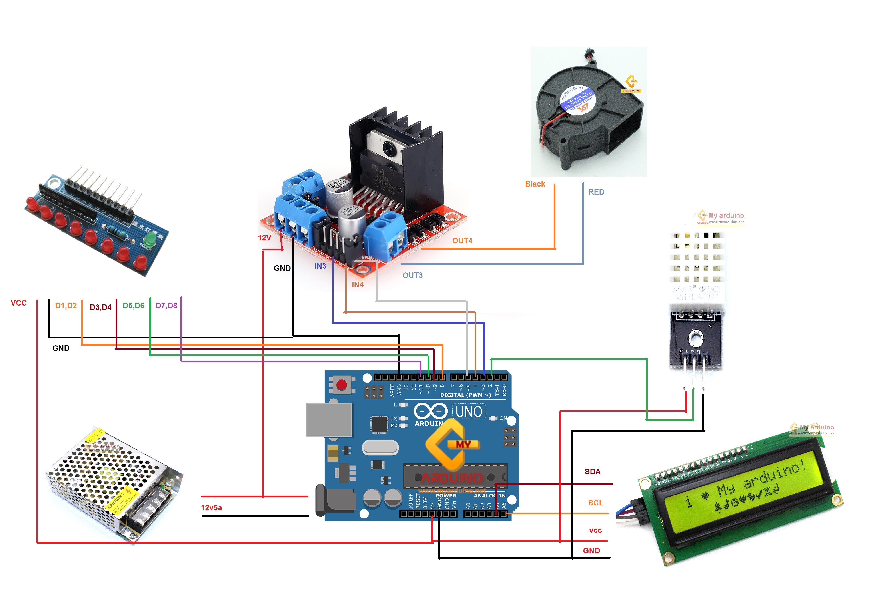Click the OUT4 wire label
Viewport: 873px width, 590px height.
pyautogui.click(x=462, y=240)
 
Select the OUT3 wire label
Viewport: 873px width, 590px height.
pyautogui.click(x=412, y=275)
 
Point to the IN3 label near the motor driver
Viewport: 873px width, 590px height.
pyautogui.click(x=320, y=266)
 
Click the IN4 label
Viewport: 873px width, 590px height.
pyautogui.click(x=357, y=284)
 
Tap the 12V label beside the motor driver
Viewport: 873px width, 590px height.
pyautogui.click(x=264, y=238)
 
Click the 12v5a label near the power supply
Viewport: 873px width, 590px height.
pyautogui.click(x=211, y=507)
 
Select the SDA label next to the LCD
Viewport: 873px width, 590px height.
pyautogui.click(x=592, y=471)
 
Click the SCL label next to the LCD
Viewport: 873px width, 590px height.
pyautogui.click(x=595, y=503)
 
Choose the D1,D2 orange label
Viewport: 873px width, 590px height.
pyautogui.click(x=66, y=306)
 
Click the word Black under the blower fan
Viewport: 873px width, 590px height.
pyautogui.click(x=535, y=184)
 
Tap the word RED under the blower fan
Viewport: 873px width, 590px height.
pyautogui.click(x=596, y=192)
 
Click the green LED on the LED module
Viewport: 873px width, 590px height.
pyautogui.click(x=150, y=238)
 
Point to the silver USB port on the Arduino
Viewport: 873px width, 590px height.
pyautogui.click(x=329, y=420)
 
